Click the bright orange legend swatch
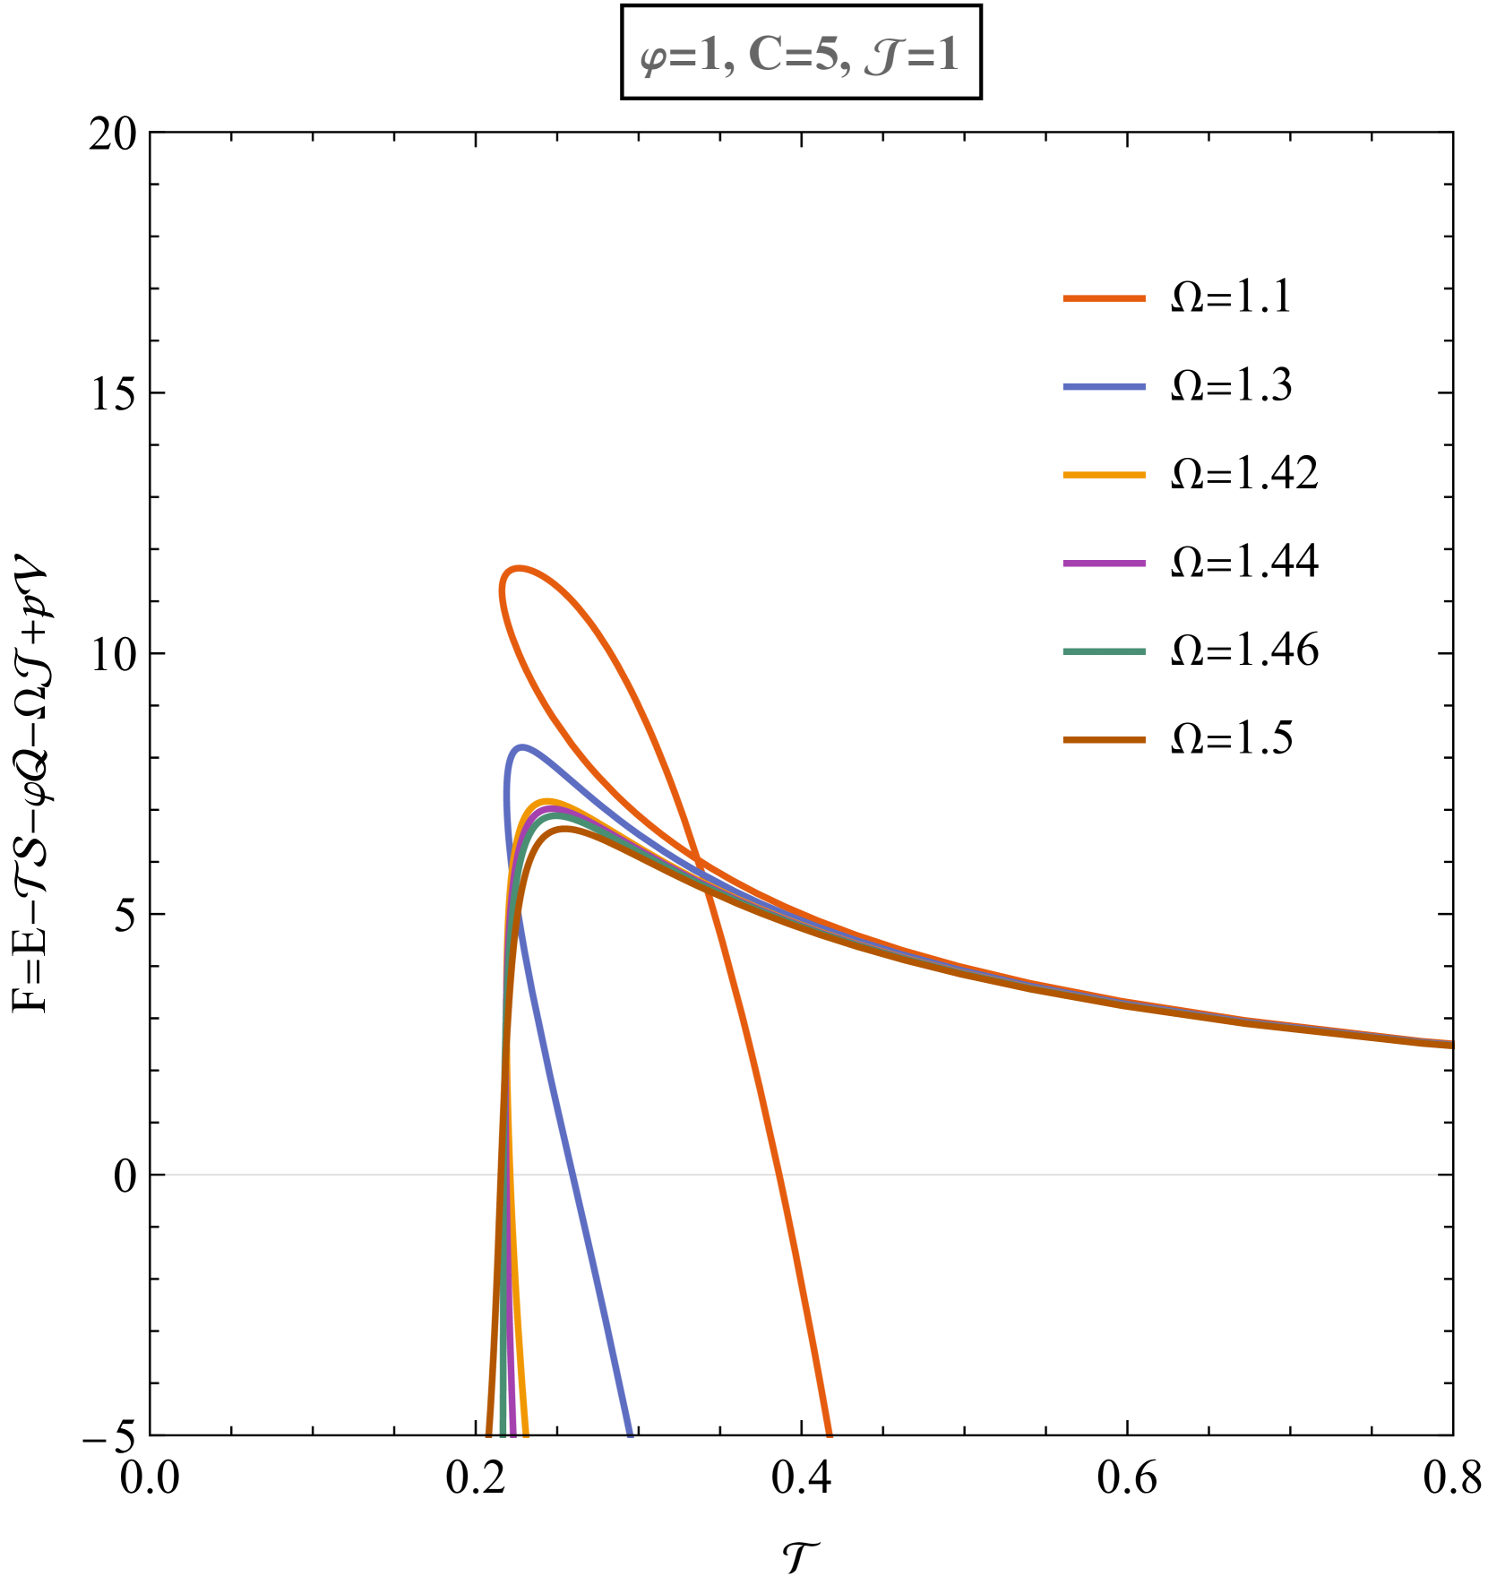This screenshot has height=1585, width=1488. coord(1104,298)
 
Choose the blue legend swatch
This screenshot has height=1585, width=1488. coord(1104,387)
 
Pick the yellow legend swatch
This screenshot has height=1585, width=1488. coord(1104,475)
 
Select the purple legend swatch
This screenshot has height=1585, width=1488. coord(1104,564)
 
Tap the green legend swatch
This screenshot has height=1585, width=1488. coord(1104,651)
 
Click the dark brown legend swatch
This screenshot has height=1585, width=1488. coord(1104,740)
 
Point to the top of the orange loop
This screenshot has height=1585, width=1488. coord(518,567)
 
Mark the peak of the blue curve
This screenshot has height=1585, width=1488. coord(521,746)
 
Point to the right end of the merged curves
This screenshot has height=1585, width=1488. coord(1449,1045)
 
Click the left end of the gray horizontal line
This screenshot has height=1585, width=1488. coord(168,1174)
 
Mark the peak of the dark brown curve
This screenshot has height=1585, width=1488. coord(564,830)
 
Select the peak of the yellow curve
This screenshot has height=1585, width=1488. coord(546,801)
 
